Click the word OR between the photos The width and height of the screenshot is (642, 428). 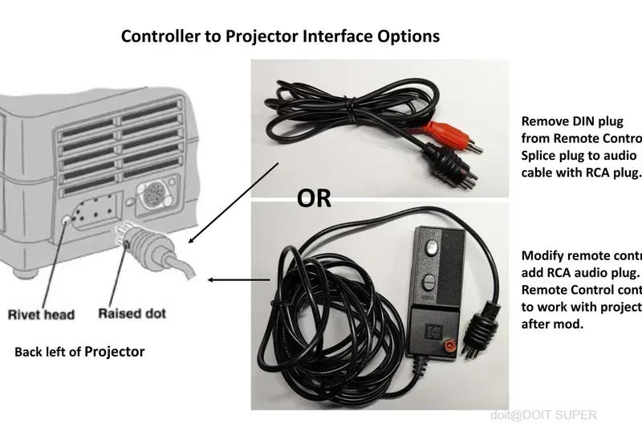[314, 198]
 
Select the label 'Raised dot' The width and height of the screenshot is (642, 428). [131, 312]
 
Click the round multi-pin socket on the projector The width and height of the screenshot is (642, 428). [153, 196]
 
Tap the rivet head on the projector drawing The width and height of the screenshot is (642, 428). [66, 218]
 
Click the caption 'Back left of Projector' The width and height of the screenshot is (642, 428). [79, 352]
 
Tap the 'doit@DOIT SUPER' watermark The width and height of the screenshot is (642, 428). [543, 414]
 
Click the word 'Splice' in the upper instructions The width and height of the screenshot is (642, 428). [541, 155]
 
